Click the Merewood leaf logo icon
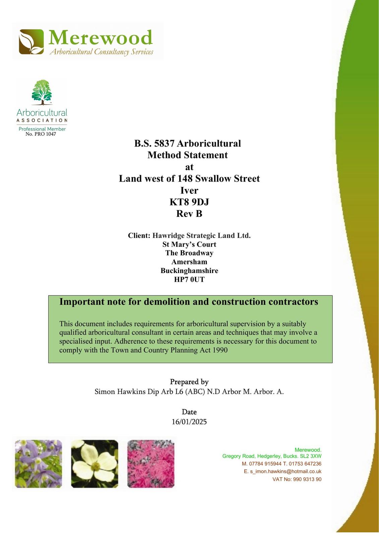tap(31, 42)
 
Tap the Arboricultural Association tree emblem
tap(42, 92)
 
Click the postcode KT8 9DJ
tap(189, 202)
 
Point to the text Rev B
tap(189, 214)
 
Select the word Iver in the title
tap(189, 190)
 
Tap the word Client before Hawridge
tap(139, 236)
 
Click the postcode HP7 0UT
tap(189, 279)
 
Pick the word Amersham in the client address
tap(189, 262)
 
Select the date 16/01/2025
tap(189, 422)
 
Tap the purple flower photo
tap(39, 464)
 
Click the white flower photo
tap(95, 464)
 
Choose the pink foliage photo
tap(151, 464)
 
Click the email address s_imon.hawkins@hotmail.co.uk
tap(286, 471)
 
